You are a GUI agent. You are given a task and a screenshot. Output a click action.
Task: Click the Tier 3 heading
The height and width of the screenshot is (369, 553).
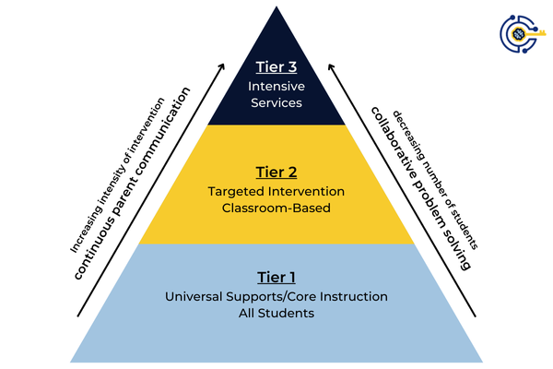[276, 66]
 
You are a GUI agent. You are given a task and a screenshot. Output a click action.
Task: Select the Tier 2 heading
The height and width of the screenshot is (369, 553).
[276, 172]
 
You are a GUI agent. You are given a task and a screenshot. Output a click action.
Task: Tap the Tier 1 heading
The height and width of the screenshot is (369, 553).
[276, 277]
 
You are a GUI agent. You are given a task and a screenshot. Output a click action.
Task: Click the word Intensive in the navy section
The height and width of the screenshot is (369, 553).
[276, 86]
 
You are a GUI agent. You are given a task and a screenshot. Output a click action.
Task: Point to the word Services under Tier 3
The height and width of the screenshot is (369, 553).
[276, 102]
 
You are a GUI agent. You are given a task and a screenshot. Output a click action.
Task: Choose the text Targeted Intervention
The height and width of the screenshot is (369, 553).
[276, 191]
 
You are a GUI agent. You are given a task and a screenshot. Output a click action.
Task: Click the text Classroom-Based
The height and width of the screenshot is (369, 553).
[276, 208]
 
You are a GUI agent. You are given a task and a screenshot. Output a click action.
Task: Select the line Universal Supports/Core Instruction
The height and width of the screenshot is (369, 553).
[276, 296]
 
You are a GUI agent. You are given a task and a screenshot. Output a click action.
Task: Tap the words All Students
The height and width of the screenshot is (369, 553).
[276, 314]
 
